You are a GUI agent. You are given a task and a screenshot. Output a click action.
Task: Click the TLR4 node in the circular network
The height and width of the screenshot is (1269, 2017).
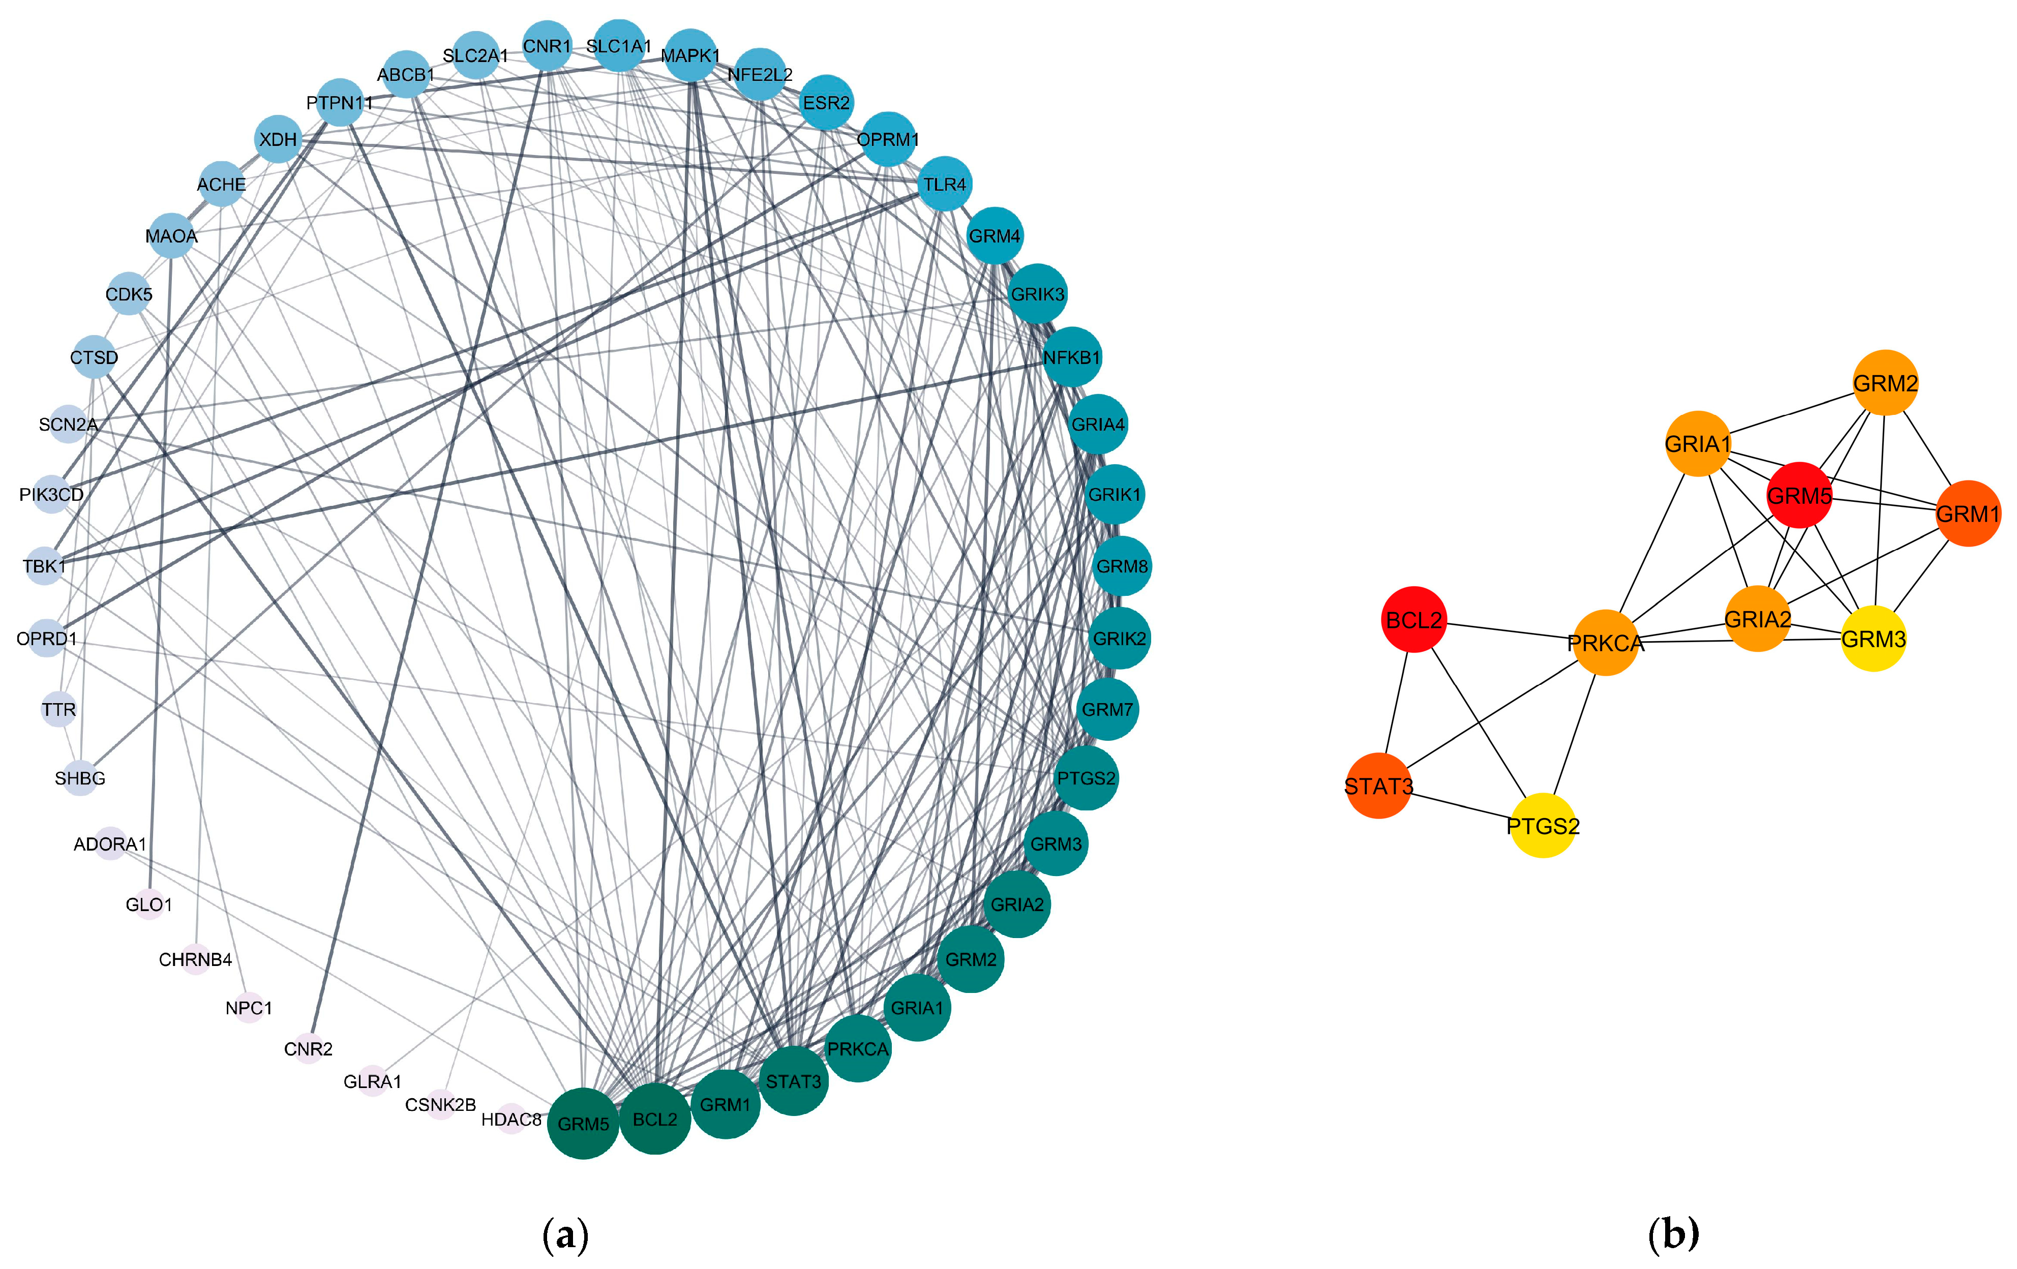[x=945, y=184]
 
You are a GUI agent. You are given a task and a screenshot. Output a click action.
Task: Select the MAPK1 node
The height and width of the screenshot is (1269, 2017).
[x=690, y=55]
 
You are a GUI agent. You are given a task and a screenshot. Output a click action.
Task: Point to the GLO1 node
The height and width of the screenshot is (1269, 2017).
[x=149, y=904]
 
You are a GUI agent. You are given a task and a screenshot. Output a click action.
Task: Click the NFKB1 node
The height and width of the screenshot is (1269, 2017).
[x=1071, y=357]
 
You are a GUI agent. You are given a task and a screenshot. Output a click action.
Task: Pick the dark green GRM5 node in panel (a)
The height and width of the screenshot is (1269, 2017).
[x=583, y=1123]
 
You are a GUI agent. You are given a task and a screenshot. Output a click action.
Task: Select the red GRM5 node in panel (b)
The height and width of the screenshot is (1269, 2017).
[x=1799, y=496]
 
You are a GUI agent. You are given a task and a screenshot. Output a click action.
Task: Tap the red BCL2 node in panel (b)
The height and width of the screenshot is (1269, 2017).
[x=1414, y=620]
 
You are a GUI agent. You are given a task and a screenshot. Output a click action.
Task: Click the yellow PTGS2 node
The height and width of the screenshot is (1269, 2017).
[x=1543, y=826]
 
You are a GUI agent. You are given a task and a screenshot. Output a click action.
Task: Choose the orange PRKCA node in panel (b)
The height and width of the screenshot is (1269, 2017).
[x=1606, y=643]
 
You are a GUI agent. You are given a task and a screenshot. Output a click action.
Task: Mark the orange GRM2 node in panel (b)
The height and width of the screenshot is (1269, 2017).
[x=1885, y=383]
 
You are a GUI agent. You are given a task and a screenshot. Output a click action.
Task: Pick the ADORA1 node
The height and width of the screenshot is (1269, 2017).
[x=110, y=843]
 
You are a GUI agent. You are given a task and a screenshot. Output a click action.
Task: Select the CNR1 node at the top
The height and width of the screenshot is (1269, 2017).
[x=547, y=45]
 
